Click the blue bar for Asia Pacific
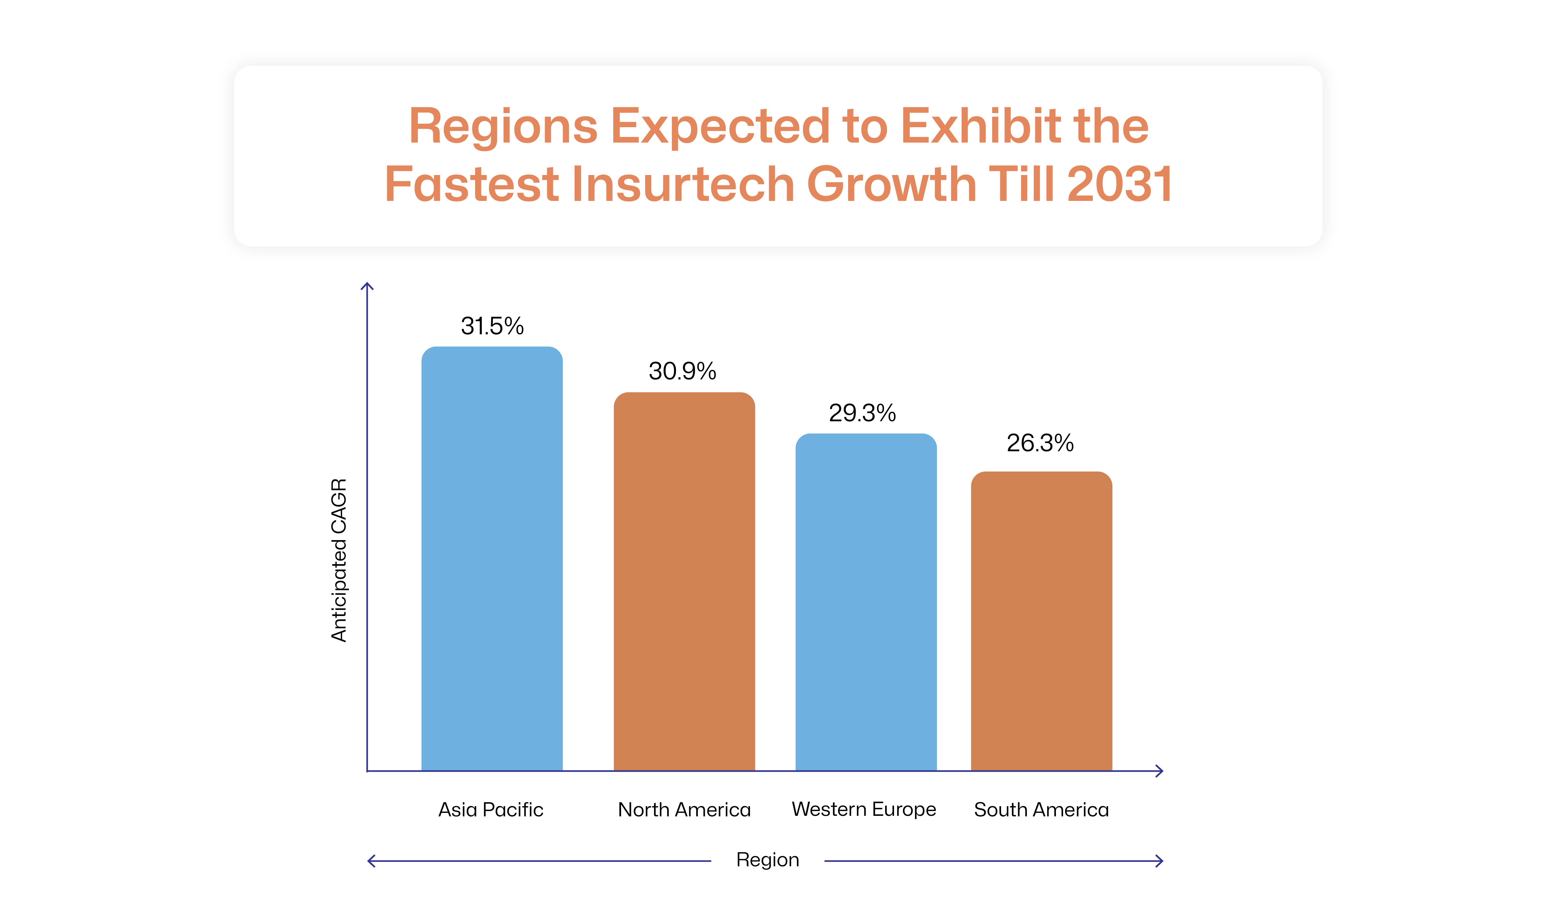[x=492, y=559]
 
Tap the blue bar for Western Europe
[x=866, y=602]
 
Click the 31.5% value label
[x=492, y=326]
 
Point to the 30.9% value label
[x=682, y=371]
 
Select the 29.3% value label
[x=862, y=413]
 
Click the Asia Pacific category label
[x=491, y=809]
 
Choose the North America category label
[x=684, y=809]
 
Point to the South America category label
[x=1041, y=809]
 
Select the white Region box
[x=767, y=860]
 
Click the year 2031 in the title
[x=1119, y=184]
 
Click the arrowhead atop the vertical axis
[x=367, y=287]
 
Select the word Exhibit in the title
[x=981, y=126]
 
